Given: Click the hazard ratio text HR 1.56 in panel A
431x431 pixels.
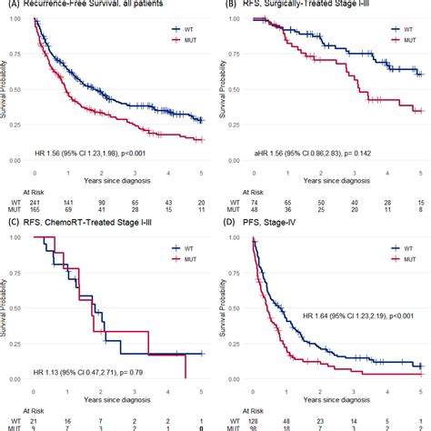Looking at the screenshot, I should [x=114, y=166].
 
